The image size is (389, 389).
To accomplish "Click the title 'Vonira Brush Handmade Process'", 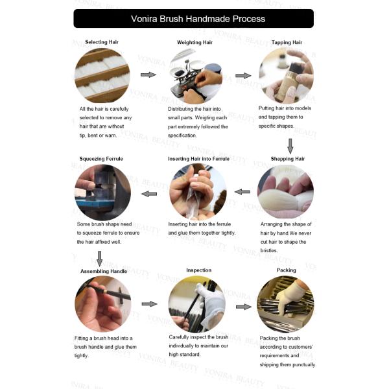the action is (x=198, y=19).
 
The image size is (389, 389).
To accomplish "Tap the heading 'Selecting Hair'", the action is (x=102, y=42).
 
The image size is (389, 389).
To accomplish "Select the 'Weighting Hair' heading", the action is (x=194, y=42).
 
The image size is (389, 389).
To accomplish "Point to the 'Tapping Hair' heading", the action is (x=287, y=42).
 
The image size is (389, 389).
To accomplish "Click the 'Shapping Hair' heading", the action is (x=288, y=159).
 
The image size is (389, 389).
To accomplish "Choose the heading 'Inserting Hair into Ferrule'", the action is (x=199, y=159).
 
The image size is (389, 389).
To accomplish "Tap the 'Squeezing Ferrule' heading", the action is (x=101, y=159).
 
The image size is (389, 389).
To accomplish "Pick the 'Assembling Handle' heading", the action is (x=104, y=271).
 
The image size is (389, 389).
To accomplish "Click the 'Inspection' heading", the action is (x=199, y=270).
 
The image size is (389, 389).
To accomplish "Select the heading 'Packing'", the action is (x=287, y=270).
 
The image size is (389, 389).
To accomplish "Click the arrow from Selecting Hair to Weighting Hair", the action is (x=148, y=75).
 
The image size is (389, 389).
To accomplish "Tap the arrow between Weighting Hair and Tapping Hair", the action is (x=243, y=76).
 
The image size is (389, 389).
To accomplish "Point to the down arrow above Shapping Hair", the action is (x=290, y=146).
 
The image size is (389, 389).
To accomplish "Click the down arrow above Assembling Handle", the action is (x=99, y=259).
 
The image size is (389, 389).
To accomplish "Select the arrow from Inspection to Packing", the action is (x=244, y=307).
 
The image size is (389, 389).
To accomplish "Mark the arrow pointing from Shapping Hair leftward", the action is (x=242, y=192).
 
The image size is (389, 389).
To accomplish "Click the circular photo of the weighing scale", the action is (x=196, y=77).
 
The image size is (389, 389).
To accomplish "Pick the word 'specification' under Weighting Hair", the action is (x=182, y=136).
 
